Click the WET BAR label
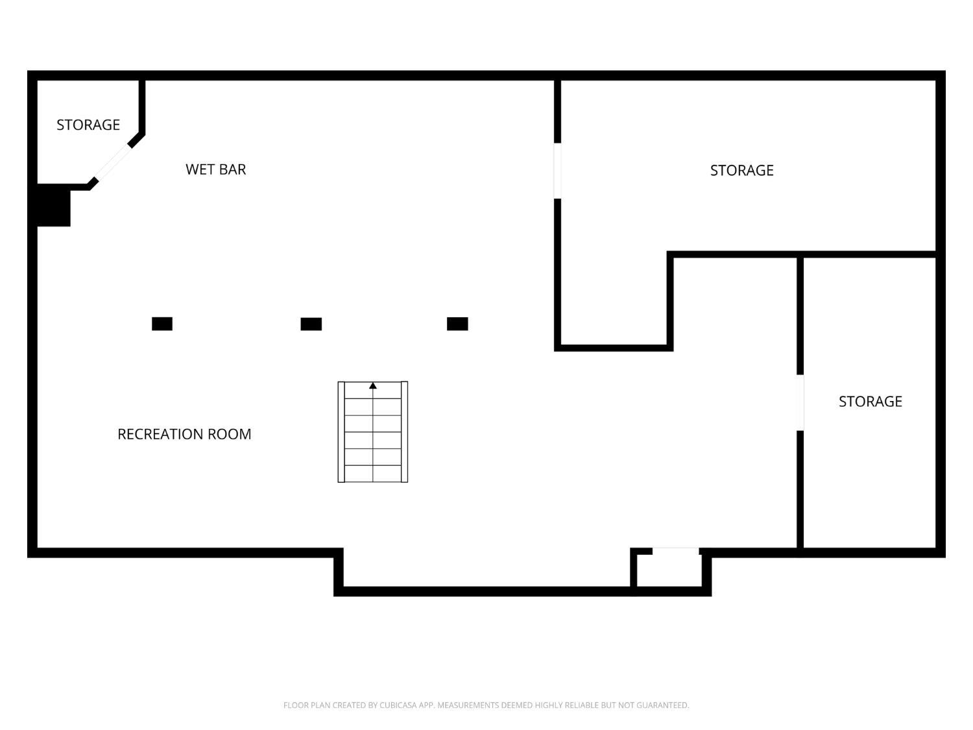click(x=215, y=169)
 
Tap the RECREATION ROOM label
click(x=184, y=434)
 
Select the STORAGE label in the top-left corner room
click(x=88, y=125)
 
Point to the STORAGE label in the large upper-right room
click(x=741, y=170)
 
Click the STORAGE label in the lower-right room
click(x=870, y=401)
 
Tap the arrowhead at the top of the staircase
click(x=373, y=386)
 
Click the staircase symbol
click(x=373, y=432)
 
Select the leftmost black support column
click(x=162, y=324)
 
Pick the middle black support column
click(x=311, y=324)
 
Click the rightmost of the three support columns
click(x=457, y=324)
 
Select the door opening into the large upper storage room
click(x=557, y=171)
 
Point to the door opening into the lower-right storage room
click(x=800, y=402)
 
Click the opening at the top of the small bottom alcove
click(x=675, y=552)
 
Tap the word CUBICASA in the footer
click(x=398, y=705)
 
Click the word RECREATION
click(x=160, y=434)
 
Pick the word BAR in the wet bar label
click(x=233, y=169)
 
